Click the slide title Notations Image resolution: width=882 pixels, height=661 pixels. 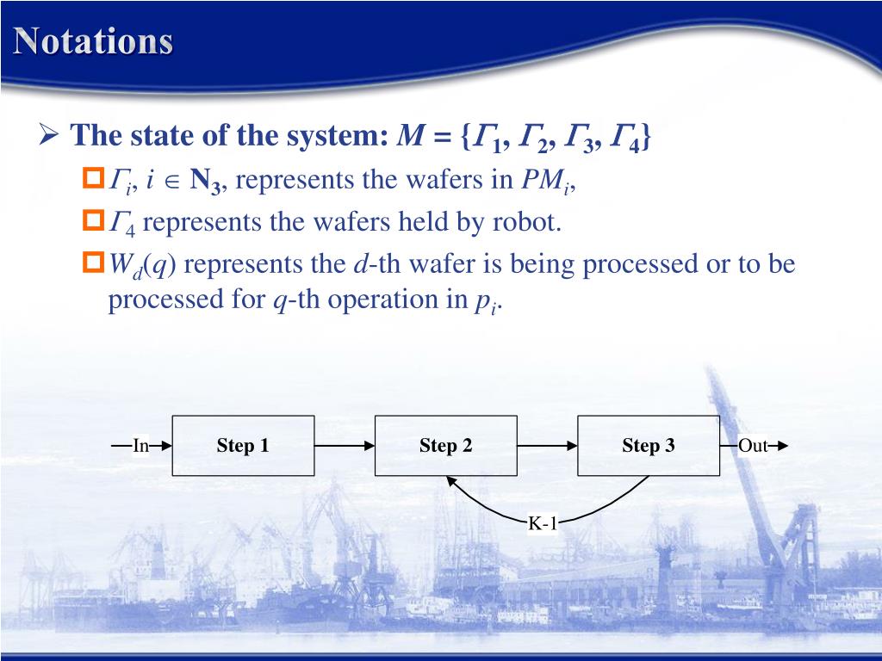(x=93, y=41)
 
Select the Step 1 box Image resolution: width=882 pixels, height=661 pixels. (x=243, y=446)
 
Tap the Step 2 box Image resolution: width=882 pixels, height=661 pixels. (x=446, y=446)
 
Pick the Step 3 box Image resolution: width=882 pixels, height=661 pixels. (x=648, y=446)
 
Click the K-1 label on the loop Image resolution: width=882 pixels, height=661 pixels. (x=543, y=522)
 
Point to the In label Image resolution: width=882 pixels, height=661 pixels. (x=140, y=446)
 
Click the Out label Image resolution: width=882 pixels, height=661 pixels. (x=752, y=446)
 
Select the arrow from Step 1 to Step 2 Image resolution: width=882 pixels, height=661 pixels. (x=345, y=446)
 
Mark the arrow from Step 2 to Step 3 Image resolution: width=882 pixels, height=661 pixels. (x=548, y=446)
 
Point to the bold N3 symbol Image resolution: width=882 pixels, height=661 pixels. (x=207, y=181)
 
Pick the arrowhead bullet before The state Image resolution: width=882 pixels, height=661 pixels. (x=48, y=135)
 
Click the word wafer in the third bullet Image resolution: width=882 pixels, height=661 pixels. (x=440, y=263)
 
